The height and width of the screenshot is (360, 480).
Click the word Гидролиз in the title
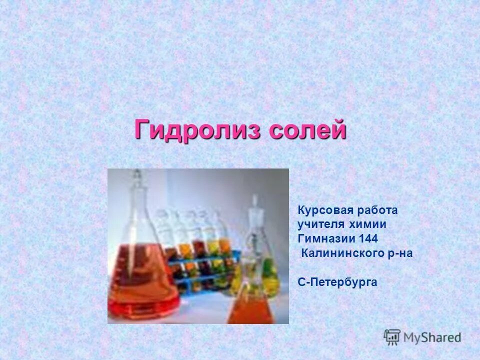198,130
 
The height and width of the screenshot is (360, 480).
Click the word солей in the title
307,130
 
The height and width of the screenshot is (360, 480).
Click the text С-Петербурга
337,282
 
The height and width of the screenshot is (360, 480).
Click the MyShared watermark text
432,337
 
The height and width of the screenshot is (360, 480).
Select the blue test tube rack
200,272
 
